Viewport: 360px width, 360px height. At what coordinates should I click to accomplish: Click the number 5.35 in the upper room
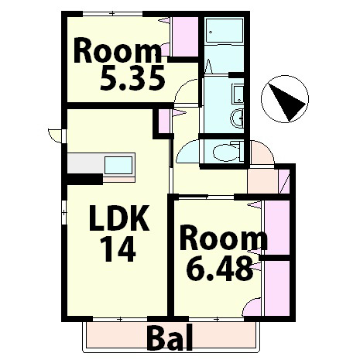[x=132, y=77]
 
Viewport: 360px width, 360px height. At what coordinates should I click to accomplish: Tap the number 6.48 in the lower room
[x=219, y=269]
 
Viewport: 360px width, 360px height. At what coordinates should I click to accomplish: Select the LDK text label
[x=119, y=218]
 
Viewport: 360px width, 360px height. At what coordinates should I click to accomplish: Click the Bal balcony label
[x=171, y=338]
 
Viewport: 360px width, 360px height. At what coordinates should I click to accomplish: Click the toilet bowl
[x=226, y=153]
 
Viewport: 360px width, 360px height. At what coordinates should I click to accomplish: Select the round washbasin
[x=237, y=118]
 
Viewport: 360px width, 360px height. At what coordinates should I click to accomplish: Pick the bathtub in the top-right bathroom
[x=224, y=31]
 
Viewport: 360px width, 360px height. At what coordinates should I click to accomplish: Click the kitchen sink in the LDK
[x=118, y=166]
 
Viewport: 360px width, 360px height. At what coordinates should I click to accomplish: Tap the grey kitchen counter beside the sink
[x=85, y=164]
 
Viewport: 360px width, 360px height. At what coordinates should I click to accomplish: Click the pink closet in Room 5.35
[x=185, y=37]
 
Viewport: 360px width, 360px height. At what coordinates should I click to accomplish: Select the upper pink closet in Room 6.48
[x=277, y=228]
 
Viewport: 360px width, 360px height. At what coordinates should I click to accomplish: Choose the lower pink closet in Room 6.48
[x=277, y=288]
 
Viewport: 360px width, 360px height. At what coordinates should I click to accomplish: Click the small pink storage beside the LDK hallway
[x=163, y=121]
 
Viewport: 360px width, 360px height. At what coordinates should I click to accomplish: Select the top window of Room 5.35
[x=113, y=13]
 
